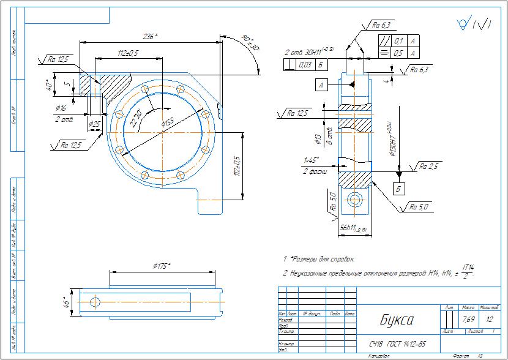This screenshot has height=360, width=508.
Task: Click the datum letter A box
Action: tap(321, 85)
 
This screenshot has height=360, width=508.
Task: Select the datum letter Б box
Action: tap(398, 189)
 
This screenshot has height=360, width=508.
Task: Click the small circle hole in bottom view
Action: tap(94, 301)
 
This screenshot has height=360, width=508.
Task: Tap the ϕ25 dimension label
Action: tap(95, 124)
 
